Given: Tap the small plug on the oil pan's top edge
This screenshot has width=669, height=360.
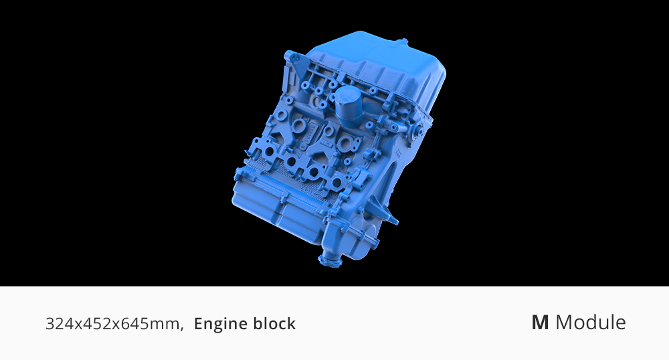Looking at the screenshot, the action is point(403,41).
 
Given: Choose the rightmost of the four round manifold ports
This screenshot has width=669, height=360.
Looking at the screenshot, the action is point(337,183).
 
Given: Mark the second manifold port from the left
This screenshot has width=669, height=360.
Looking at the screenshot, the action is point(292,161).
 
